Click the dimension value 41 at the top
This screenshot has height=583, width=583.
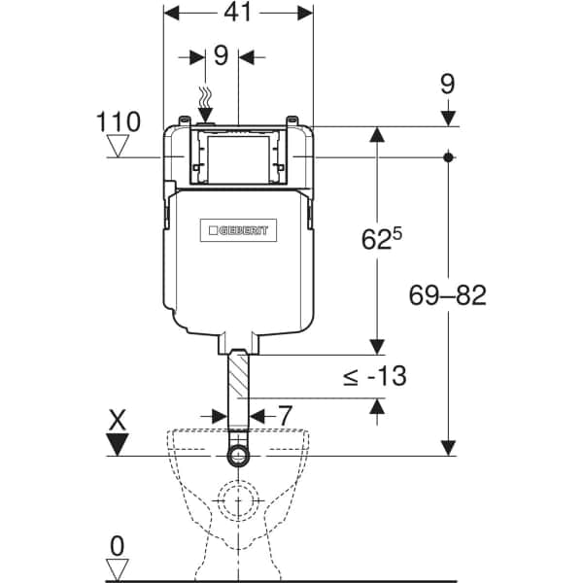click(x=238, y=14)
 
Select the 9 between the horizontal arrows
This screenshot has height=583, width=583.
click(x=221, y=56)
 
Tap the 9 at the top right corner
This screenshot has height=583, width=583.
click(x=447, y=84)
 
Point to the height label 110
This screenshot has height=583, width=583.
click(x=119, y=121)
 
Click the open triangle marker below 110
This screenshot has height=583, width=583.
click(x=119, y=147)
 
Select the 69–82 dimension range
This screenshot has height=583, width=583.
click(x=447, y=296)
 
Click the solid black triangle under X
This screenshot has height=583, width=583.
click(x=119, y=445)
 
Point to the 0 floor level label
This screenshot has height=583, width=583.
click(x=118, y=544)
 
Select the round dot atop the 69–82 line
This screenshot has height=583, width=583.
click(x=447, y=156)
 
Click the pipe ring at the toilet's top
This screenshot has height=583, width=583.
click(x=238, y=456)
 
